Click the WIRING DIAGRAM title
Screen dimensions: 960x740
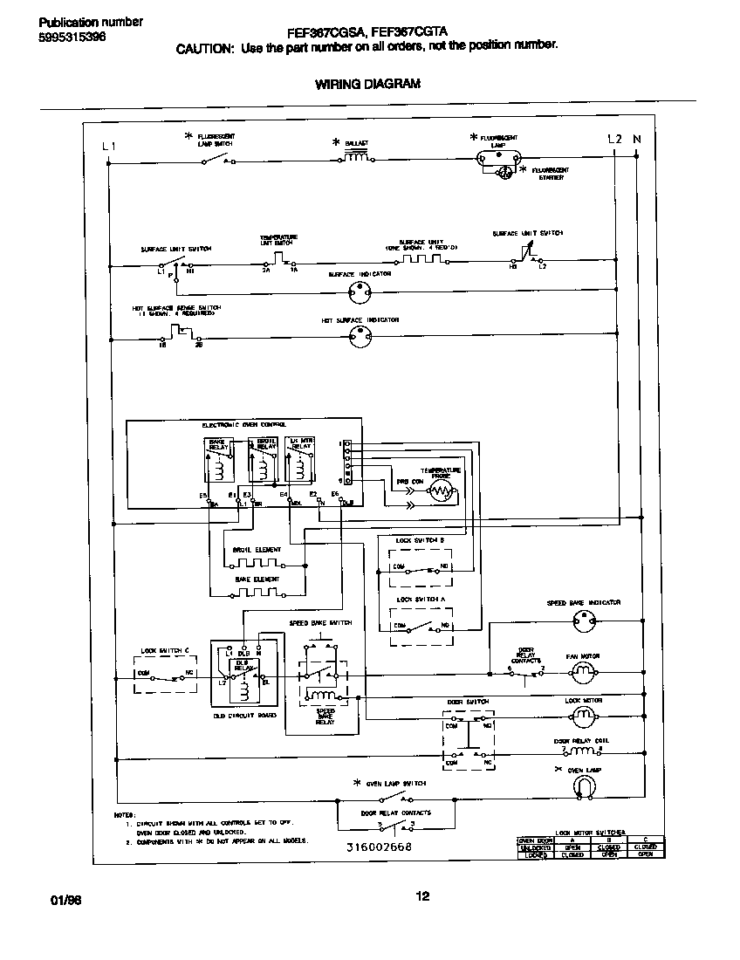(367, 84)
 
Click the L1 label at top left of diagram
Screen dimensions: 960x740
(107, 146)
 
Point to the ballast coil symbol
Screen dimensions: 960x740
(355, 158)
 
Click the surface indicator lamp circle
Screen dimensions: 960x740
(360, 294)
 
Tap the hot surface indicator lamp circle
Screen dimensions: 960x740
(360, 339)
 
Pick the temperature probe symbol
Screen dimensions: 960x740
(442, 492)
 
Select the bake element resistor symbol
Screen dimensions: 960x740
(257, 592)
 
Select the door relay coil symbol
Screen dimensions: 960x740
(577, 751)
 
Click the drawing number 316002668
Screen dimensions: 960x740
(379, 847)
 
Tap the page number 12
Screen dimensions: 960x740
(422, 895)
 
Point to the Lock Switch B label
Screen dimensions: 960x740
(421, 541)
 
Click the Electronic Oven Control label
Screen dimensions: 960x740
(238, 425)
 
